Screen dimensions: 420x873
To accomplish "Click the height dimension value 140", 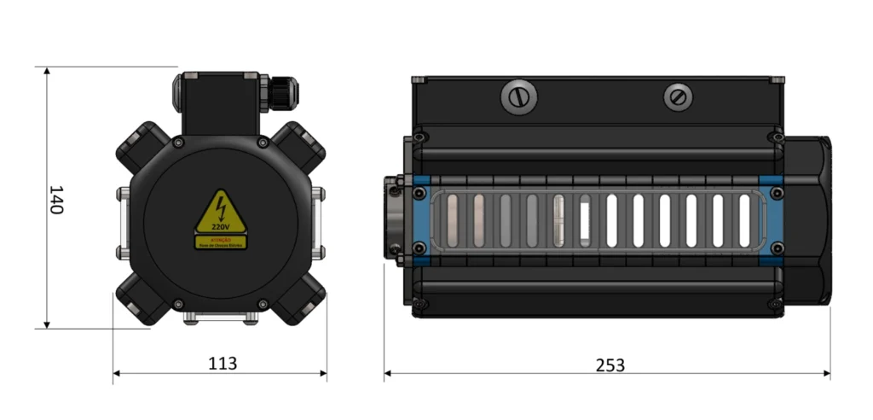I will pyautogui.click(x=55, y=199).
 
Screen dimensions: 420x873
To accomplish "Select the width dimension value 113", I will pyautogui.click(x=223, y=363).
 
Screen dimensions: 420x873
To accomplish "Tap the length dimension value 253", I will pyautogui.click(x=610, y=365).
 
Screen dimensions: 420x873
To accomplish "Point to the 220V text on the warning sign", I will pyautogui.click(x=221, y=228).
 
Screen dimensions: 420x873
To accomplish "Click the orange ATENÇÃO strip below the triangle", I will pyautogui.click(x=221, y=242).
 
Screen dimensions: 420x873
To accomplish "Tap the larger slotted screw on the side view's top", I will pyautogui.click(x=517, y=97).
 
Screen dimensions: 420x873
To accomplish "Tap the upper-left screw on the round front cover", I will pyautogui.click(x=178, y=141).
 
